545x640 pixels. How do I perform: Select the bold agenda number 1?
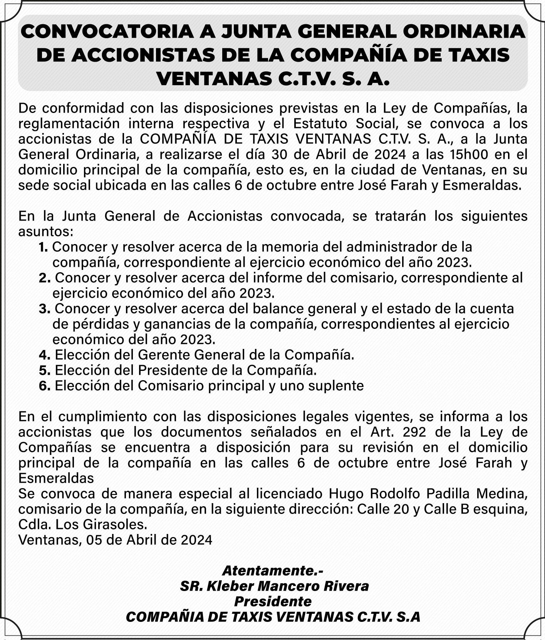[x=43, y=247]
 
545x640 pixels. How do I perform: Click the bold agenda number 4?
[x=44, y=355]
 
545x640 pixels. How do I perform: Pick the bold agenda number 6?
[x=44, y=386]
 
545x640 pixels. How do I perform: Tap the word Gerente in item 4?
[x=164, y=355]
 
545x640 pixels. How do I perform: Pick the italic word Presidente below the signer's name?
[x=273, y=601]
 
